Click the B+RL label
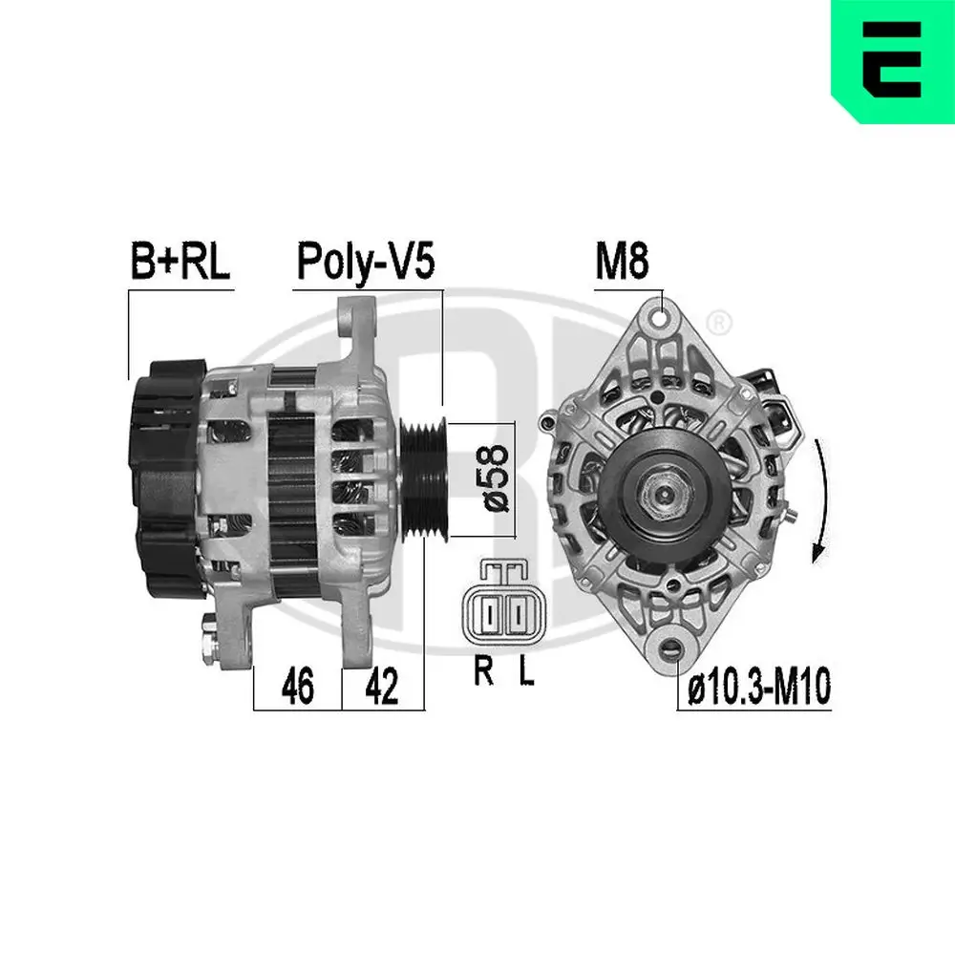pyautogui.click(x=179, y=261)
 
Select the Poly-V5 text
pyautogui.click(x=366, y=261)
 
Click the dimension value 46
pyautogui.click(x=297, y=687)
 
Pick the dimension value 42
pyautogui.click(x=382, y=687)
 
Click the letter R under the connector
pyautogui.click(x=484, y=673)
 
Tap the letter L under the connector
pyautogui.click(x=526, y=673)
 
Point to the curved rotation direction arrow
pyautogui.click(x=819, y=501)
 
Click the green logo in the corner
pyautogui.click(x=892, y=61)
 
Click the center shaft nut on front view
pyautogui.click(x=661, y=494)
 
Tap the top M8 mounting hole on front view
pyautogui.click(x=657, y=312)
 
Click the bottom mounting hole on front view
pyautogui.click(x=677, y=648)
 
